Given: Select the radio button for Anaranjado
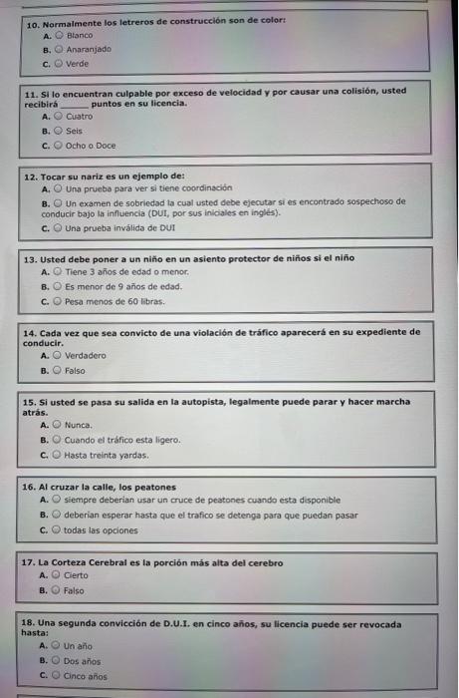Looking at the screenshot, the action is point(58,47).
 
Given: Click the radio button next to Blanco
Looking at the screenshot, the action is point(58,33).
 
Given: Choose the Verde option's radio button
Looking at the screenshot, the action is point(58,62).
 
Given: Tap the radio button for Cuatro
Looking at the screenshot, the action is point(58,116).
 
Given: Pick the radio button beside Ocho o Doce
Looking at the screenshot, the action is point(58,145).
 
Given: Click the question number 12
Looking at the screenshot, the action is point(30,175).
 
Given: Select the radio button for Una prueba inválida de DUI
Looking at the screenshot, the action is point(58,226).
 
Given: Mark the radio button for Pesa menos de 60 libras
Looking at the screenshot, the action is point(58,299).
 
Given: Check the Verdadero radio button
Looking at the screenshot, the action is point(58,355).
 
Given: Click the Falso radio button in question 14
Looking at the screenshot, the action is point(58,370).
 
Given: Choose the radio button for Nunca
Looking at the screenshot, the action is point(58,425).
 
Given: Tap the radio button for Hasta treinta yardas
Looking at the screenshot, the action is point(58,455).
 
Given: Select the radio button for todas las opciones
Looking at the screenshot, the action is point(58,529).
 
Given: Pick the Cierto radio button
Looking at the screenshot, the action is point(58,575).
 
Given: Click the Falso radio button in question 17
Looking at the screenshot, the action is point(58,590).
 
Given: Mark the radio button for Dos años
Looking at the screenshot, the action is point(58,661).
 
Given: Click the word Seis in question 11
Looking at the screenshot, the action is point(74,131).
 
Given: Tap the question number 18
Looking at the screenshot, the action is point(30,623).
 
